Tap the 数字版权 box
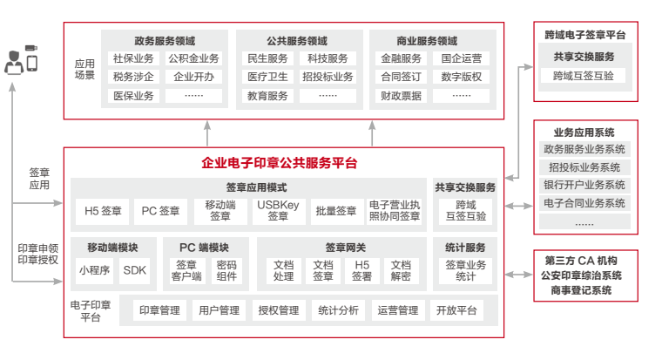pyautogui.click(x=462, y=77)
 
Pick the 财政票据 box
pyautogui.click(x=402, y=96)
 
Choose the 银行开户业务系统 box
pyautogui.click(x=584, y=185)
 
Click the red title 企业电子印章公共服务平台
pyautogui.click(x=280, y=163)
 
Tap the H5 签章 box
pyautogui.click(x=102, y=210)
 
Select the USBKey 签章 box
pyautogui.click(x=278, y=210)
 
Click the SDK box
pyautogui.click(x=135, y=270)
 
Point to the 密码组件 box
pyautogui.click(x=226, y=270)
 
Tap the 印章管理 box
pyautogui.click(x=159, y=310)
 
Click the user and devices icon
pyautogui.click(x=21, y=59)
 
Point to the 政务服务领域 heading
pyautogui.click(x=165, y=40)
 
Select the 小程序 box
pyautogui.click(x=94, y=270)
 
